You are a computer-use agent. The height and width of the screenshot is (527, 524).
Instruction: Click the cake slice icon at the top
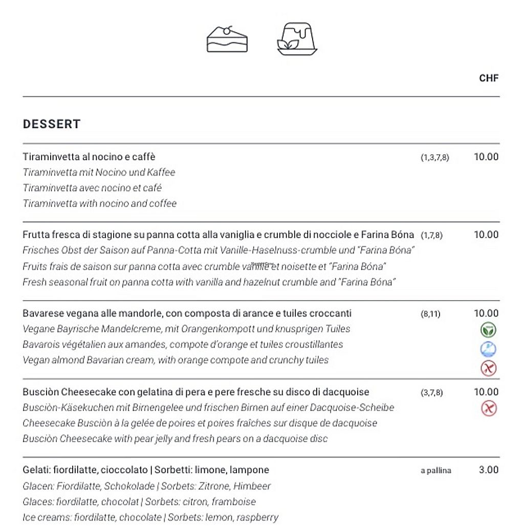[227, 37]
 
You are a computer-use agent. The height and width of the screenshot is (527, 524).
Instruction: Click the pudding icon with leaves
[296, 39]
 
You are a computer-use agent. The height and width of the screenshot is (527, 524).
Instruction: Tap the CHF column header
[489, 78]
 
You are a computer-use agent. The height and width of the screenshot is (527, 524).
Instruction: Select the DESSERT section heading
[52, 124]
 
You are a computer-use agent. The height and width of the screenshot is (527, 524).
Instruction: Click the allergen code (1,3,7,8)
[434, 158]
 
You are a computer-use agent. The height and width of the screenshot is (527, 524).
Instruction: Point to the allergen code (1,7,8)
[431, 236]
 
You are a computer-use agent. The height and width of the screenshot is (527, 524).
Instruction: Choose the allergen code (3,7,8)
[431, 393]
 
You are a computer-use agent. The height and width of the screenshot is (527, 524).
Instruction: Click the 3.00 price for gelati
[488, 470]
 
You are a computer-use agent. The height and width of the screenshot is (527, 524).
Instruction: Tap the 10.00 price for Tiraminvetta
[486, 157]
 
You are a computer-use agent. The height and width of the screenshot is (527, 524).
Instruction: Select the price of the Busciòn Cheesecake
[486, 392]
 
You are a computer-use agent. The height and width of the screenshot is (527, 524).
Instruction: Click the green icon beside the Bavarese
[489, 330]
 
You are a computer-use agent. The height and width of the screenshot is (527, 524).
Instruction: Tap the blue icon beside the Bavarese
[489, 349]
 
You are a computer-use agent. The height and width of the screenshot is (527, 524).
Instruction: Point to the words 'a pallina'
[436, 470]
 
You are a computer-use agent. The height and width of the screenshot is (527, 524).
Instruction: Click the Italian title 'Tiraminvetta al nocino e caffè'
[89, 157]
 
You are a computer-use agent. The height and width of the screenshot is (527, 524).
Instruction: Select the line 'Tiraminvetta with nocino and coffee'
[100, 203]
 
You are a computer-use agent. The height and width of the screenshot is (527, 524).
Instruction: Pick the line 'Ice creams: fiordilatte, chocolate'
[150, 517]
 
